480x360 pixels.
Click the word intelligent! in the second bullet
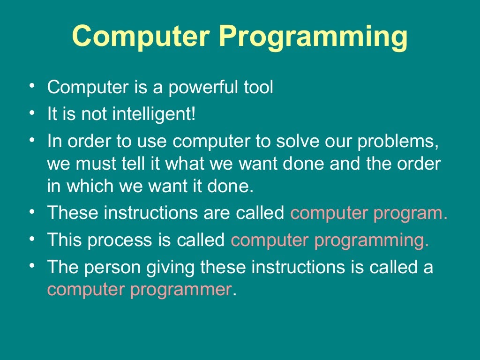pyautogui.click(x=153, y=115)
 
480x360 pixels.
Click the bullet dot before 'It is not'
pyautogui.click(x=31, y=113)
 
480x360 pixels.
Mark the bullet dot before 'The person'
pyautogui.click(x=31, y=265)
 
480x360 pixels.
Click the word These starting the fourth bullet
pyautogui.click(x=73, y=213)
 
